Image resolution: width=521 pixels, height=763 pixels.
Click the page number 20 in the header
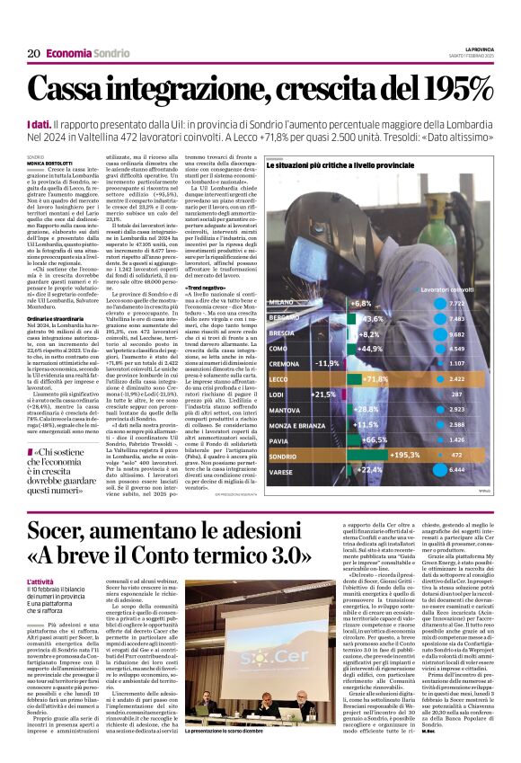pos(32,53)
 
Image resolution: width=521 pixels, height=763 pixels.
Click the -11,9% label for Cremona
pos(327,362)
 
